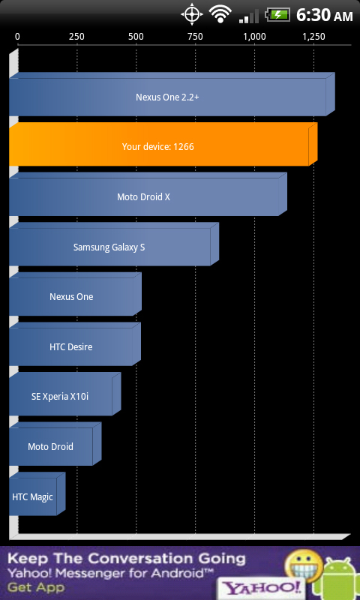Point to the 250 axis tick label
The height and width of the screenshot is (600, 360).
76,37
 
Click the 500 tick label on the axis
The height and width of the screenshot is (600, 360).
136,37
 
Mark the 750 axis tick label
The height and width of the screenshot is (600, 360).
195,37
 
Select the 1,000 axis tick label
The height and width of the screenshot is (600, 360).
254,37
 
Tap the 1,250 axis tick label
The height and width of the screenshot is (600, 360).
313,37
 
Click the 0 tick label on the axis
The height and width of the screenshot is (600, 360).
17,37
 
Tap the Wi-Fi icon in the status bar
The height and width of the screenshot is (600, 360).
221,15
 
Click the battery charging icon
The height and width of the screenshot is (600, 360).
279,15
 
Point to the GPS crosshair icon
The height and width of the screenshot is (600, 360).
192,15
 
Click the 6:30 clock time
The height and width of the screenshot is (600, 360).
313,15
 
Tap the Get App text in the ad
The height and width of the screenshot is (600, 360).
35,587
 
